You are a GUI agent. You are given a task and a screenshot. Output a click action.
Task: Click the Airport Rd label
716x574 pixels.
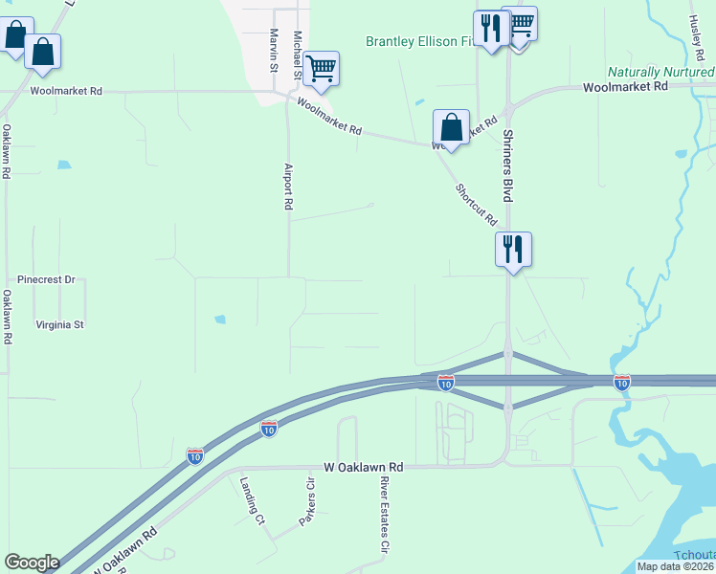(x=287, y=187)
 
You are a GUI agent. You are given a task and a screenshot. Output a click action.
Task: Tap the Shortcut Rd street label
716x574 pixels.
(x=477, y=205)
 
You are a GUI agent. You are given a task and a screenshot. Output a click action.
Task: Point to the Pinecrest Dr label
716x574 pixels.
(x=46, y=280)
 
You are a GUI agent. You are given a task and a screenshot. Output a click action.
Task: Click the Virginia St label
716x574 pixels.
(x=60, y=324)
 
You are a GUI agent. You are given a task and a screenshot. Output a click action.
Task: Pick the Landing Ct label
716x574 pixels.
(x=252, y=501)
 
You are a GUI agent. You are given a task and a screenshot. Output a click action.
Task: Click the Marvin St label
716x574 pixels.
(x=274, y=51)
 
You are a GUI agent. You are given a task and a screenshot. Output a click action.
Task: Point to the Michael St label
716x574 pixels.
(x=298, y=55)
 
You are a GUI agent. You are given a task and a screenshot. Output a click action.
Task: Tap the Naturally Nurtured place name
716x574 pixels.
(x=661, y=73)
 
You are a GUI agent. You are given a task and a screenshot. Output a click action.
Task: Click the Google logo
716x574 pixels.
(x=32, y=563)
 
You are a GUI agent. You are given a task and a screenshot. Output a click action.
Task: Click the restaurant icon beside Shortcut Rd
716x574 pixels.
(x=513, y=250)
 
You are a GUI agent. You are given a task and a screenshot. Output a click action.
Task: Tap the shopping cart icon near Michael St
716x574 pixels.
(x=322, y=68)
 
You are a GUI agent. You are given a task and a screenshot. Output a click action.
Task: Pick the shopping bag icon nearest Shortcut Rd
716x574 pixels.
(x=451, y=127)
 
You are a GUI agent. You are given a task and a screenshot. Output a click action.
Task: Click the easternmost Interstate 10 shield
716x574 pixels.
(x=622, y=383)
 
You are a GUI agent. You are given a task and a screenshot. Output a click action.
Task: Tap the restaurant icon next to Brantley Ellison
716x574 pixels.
(x=490, y=28)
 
